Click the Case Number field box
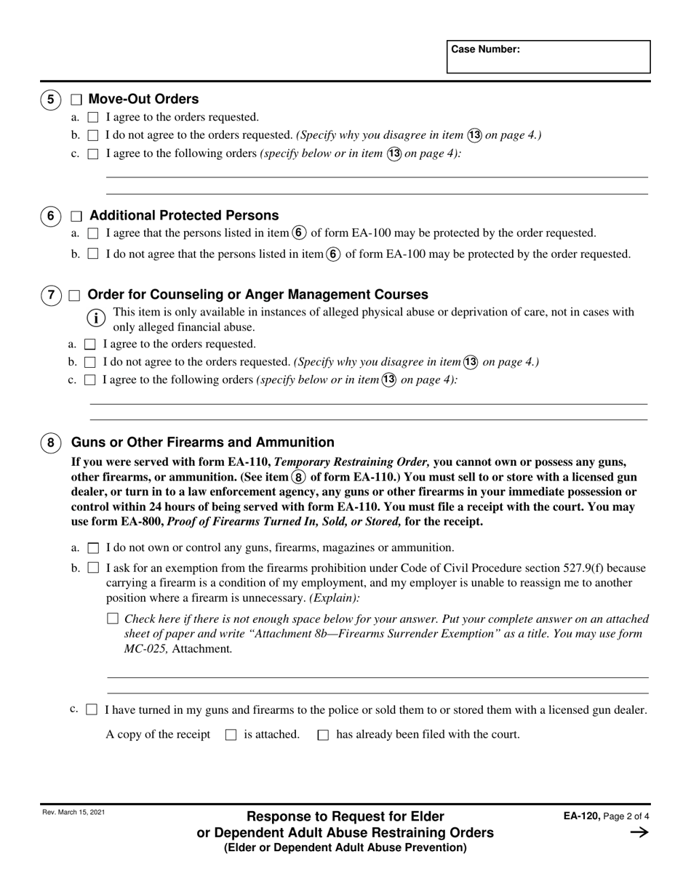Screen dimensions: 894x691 [x=548, y=57]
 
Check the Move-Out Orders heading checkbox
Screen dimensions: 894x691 [x=76, y=100]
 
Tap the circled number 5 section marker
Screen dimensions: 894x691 [x=50, y=100]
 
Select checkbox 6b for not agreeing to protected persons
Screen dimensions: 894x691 [x=92, y=254]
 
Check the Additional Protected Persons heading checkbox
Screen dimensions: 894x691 [x=76, y=217]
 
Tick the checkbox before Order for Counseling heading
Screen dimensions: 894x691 [x=74, y=295]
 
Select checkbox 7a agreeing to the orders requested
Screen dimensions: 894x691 [x=90, y=345]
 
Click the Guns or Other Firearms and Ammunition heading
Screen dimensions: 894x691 [x=202, y=443]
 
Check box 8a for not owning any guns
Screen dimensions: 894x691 [x=92, y=548]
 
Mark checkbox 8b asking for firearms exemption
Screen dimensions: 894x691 [x=92, y=568]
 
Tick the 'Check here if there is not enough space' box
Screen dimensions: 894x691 [x=112, y=619]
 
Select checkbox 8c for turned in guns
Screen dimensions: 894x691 [x=92, y=710]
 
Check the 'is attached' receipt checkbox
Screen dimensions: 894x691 [x=231, y=735]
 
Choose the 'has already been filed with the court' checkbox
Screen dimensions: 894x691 [x=323, y=735]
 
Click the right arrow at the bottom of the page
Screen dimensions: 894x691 [x=639, y=833]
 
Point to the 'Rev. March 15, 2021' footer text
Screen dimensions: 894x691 [x=73, y=813]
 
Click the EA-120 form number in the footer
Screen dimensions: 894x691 [x=581, y=817]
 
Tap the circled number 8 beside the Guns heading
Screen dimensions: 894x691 [x=50, y=443]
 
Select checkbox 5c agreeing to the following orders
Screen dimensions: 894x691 [x=92, y=154]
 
